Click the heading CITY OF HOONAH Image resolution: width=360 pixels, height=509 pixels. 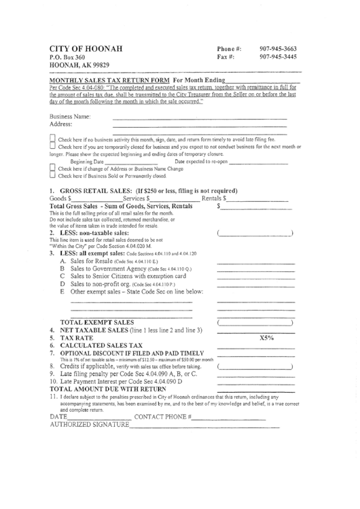(86, 50)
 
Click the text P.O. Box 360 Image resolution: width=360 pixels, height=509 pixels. (67, 59)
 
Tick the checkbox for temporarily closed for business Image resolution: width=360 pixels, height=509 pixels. (54, 147)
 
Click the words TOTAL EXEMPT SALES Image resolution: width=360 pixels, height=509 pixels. (97, 321)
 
